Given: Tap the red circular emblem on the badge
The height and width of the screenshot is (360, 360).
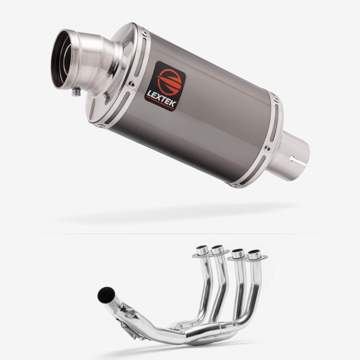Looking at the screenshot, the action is point(169,81).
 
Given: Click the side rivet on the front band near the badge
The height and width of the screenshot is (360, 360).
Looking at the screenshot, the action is point(132,84).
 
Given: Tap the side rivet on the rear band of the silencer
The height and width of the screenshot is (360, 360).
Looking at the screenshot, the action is point(267,149).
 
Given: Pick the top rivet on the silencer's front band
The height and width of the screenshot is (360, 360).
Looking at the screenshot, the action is point(144,33).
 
